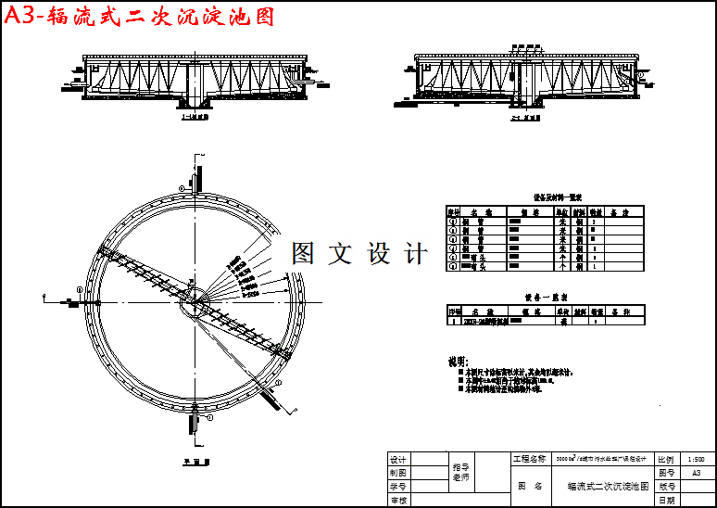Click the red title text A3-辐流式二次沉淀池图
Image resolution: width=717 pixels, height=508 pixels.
[x=139, y=18]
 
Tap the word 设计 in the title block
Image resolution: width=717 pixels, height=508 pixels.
[x=398, y=459]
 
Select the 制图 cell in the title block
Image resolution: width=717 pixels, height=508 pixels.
[x=398, y=472]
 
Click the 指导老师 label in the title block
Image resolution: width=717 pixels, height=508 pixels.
[x=459, y=472]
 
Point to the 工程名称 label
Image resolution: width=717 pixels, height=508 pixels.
[x=529, y=459]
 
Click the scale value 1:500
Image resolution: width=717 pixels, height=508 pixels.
[x=697, y=459]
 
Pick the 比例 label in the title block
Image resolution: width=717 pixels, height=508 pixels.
[x=665, y=459]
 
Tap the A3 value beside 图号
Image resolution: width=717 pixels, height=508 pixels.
[x=697, y=472]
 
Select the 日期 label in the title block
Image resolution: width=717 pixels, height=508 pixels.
[x=665, y=500]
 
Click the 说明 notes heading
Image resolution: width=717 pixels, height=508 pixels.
[x=459, y=361]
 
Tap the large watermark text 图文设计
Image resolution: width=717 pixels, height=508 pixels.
[x=359, y=253]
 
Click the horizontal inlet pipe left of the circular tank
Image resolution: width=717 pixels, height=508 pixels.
[x=65, y=299]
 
